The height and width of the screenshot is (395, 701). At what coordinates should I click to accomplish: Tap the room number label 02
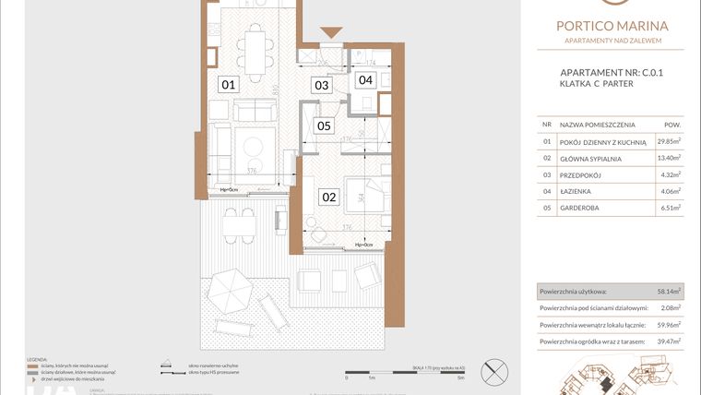[x=329, y=196]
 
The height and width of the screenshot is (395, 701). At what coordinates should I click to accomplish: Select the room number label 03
[x=321, y=86]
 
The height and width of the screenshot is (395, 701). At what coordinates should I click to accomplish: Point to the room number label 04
[x=366, y=80]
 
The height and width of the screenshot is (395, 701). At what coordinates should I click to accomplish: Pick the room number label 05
[x=324, y=126]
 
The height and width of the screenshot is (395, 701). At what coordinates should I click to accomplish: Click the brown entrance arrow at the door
[x=330, y=33]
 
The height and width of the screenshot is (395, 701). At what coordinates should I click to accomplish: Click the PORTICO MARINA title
[x=612, y=26]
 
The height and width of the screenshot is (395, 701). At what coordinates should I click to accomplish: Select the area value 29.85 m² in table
[x=668, y=141]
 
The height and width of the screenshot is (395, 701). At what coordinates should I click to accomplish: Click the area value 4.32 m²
[x=669, y=174]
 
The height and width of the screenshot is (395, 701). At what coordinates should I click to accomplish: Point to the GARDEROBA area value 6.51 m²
[x=669, y=208]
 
